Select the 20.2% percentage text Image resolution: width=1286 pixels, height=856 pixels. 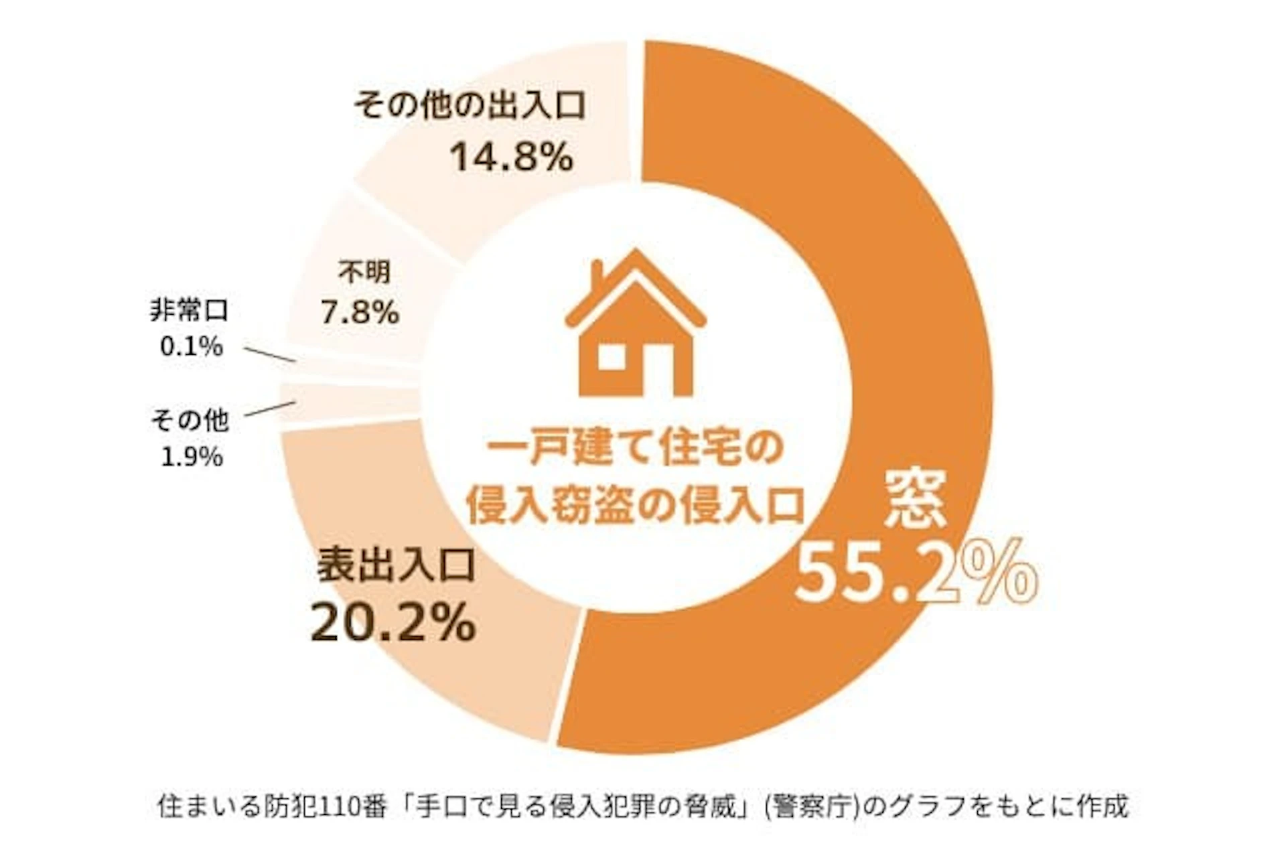tap(393, 622)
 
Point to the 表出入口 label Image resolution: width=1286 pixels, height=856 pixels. tap(396, 564)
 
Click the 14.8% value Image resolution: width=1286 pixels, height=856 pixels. tap(511, 157)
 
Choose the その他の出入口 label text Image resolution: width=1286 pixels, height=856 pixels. tap(470, 106)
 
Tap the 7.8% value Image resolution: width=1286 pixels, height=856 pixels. tap(360, 312)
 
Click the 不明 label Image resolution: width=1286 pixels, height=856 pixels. tap(364, 273)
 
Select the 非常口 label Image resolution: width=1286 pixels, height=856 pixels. tap(189, 311)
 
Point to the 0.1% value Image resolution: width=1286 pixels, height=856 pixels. tap(192, 347)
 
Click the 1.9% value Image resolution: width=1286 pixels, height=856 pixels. tap(192, 457)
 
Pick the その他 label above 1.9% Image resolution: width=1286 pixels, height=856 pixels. tap(190, 421)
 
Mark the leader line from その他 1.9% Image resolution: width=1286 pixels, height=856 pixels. tap(271, 409)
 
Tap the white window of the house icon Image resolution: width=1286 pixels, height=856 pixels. tap(610, 358)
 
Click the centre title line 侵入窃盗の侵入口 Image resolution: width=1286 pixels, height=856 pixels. tap(634, 506)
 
